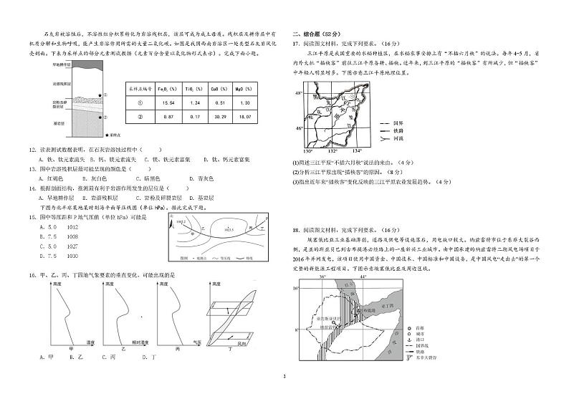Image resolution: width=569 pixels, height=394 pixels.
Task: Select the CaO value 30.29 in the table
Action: (220, 117)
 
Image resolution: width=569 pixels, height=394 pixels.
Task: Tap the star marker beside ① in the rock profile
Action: (103, 94)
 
